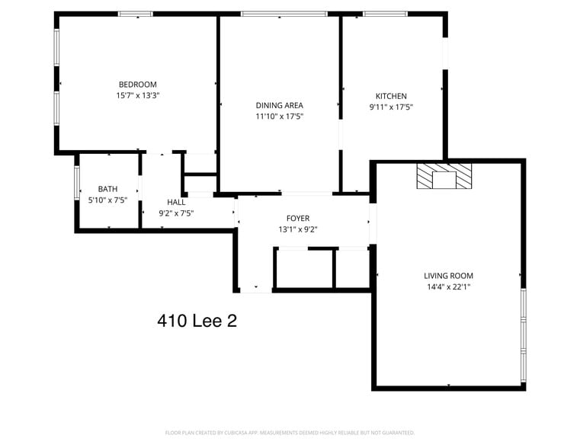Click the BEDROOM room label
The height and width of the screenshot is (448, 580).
pyautogui.click(x=137, y=84)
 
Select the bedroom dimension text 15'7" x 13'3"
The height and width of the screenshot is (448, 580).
pyautogui.click(x=137, y=95)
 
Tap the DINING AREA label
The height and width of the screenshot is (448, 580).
pyautogui.click(x=279, y=105)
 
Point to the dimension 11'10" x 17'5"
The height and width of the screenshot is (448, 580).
pyautogui.click(x=279, y=117)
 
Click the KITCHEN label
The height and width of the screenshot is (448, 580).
pyautogui.click(x=391, y=96)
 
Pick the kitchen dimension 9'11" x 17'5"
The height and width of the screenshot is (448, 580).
pyautogui.click(x=391, y=107)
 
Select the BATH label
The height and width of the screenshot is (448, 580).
pyautogui.click(x=107, y=189)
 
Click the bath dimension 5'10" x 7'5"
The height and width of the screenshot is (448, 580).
pyautogui.click(x=107, y=200)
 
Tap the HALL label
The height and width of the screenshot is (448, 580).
pyautogui.click(x=176, y=202)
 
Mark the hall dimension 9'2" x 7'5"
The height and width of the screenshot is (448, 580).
pyautogui.click(x=176, y=213)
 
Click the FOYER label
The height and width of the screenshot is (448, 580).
pyautogui.click(x=297, y=218)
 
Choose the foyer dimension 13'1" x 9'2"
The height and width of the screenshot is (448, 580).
pyautogui.click(x=297, y=229)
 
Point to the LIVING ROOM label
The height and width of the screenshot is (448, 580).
pyautogui.click(x=448, y=276)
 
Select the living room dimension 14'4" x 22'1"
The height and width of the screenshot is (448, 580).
pyautogui.click(x=448, y=287)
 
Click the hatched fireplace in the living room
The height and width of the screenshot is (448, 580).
pyautogui.click(x=444, y=175)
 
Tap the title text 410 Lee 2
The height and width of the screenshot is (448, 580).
pyautogui.click(x=197, y=321)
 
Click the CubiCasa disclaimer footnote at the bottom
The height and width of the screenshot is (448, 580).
pyautogui.click(x=290, y=433)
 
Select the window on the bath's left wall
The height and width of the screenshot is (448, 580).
pyautogui.click(x=76, y=184)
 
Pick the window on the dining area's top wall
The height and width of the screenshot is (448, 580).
pyautogui.click(x=284, y=13)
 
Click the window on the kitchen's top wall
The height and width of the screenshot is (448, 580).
pyautogui.click(x=384, y=13)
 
